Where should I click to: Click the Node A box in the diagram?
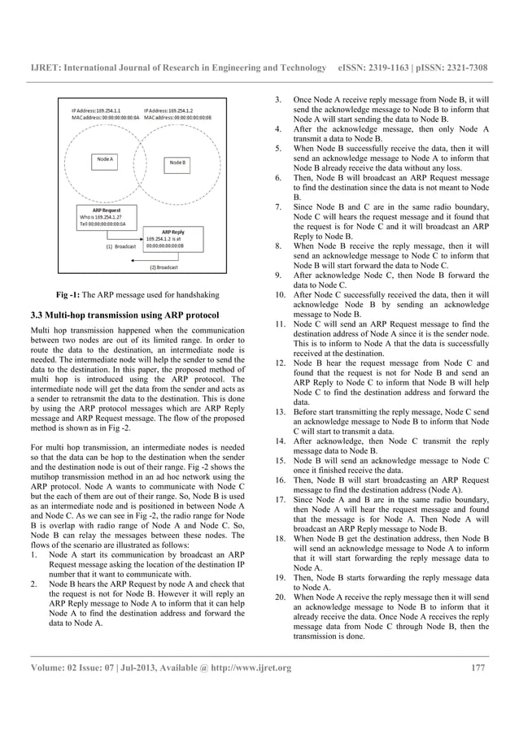pyautogui.click(x=105, y=159)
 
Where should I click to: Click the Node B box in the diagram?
pyautogui.click(x=178, y=163)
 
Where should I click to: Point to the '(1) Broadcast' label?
pyautogui.click(x=121, y=245)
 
